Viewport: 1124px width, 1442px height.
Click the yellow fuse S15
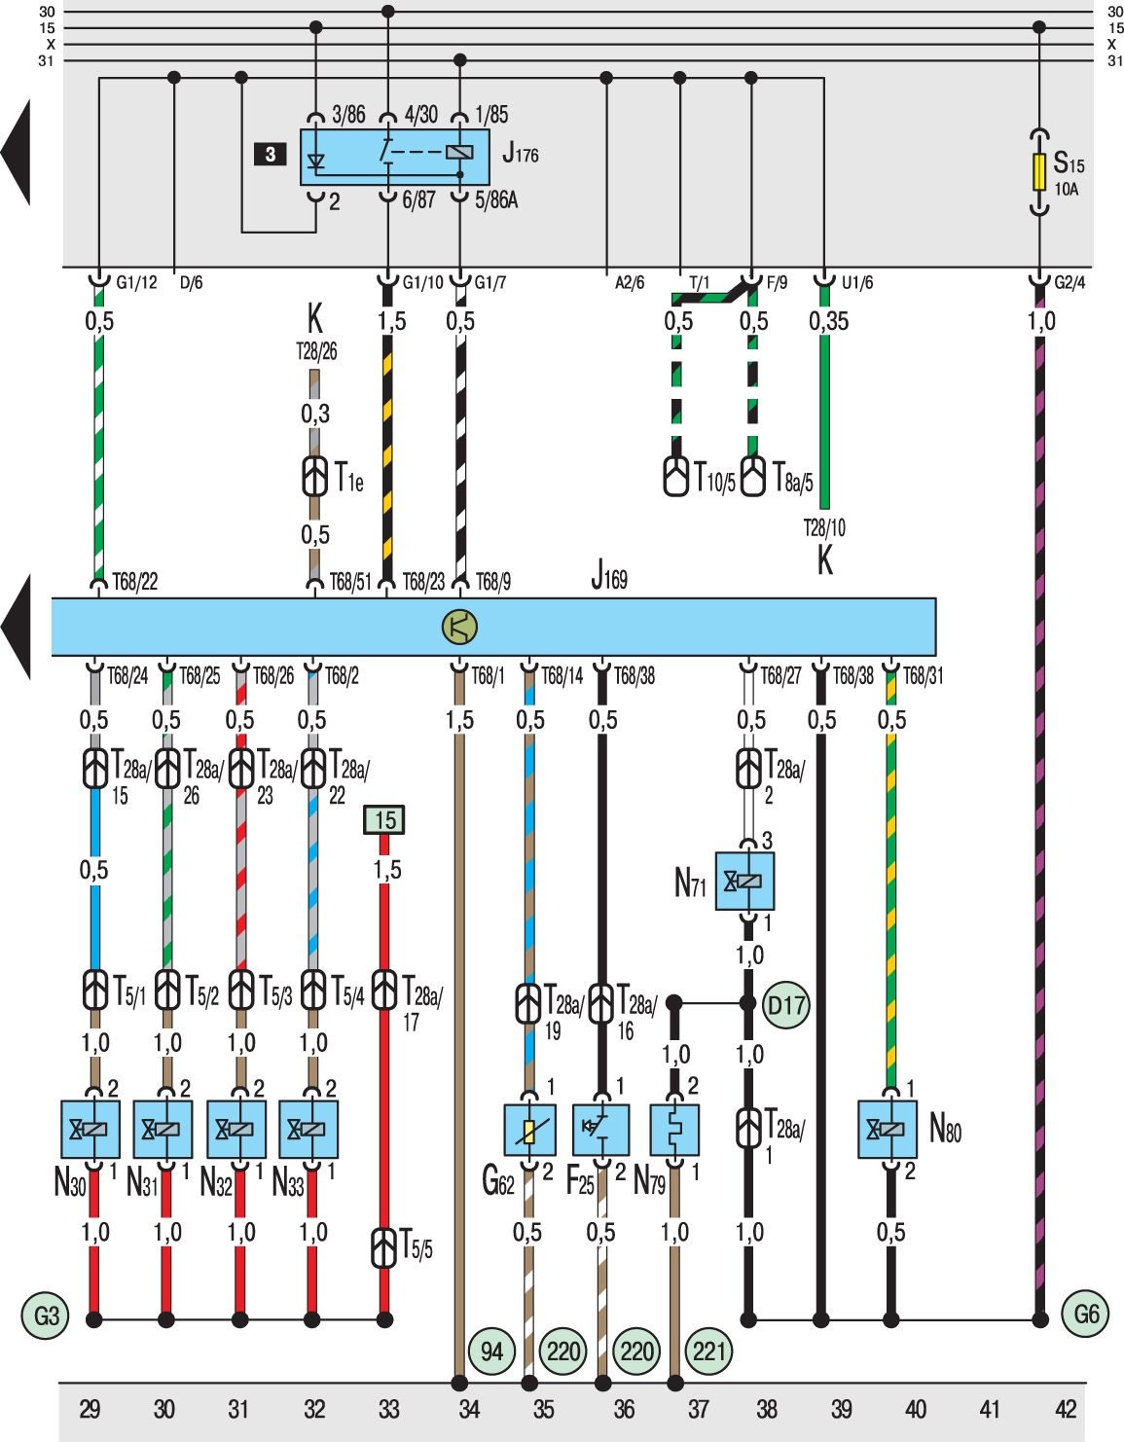click(x=1039, y=172)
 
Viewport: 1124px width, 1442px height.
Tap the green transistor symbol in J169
click(x=459, y=627)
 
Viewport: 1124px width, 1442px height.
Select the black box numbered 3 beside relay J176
click(x=271, y=155)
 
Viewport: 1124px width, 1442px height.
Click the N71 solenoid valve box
click(x=744, y=882)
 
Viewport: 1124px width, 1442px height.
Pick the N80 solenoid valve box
click(x=888, y=1130)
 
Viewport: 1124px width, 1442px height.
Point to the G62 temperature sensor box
click(x=529, y=1130)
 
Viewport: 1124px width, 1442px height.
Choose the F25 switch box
click(x=601, y=1130)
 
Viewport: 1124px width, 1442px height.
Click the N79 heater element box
click(x=674, y=1130)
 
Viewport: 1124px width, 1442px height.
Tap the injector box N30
click(x=91, y=1130)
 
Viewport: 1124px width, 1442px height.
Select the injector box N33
click(x=308, y=1130)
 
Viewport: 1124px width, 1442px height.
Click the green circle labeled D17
click(x=787, y=1005)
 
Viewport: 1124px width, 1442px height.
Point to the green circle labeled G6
click(x=1085, y=1315)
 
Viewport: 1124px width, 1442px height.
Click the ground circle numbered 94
click(x=491, y=1352)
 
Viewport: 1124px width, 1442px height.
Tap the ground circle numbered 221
click(x=709, y=1352)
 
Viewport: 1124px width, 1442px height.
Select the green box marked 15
click(x=384, y=820)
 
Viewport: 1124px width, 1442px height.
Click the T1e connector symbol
click(x=314, y=476)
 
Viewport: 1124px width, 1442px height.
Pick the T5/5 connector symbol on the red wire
click(x=384, y=1247)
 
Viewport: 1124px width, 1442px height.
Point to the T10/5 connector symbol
click(x=676, y=475)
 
